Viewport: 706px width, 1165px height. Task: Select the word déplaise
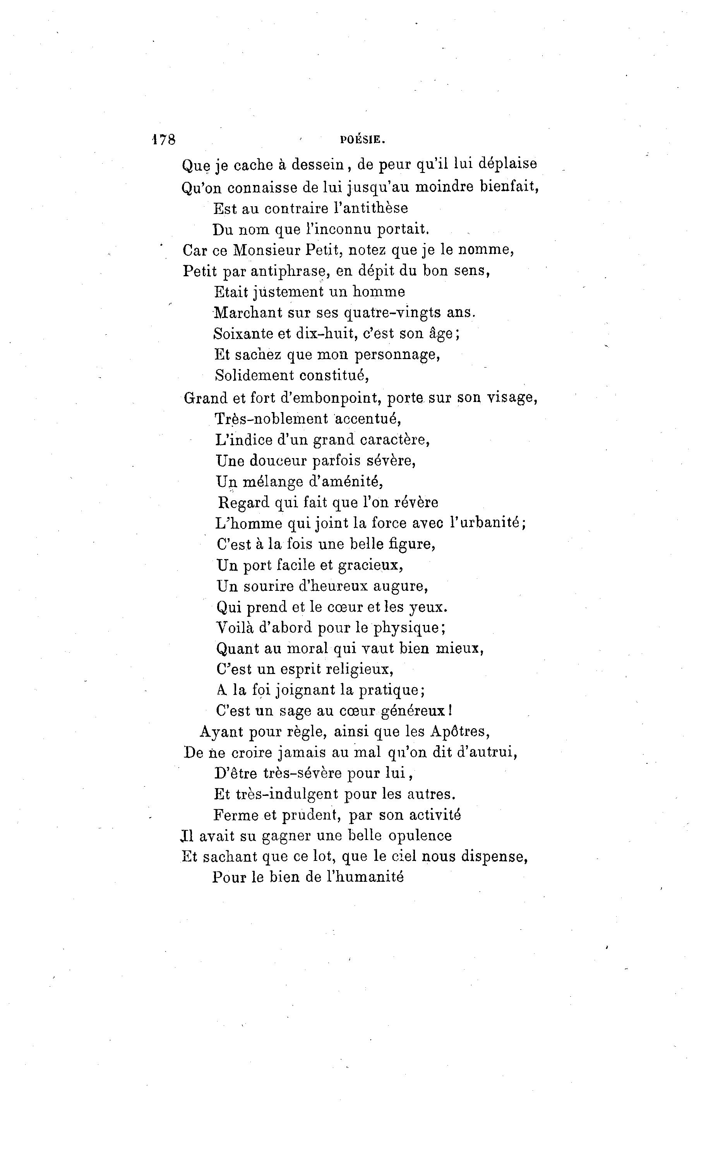[x=507, y=164]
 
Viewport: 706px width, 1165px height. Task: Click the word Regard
[x=243, y=502]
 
